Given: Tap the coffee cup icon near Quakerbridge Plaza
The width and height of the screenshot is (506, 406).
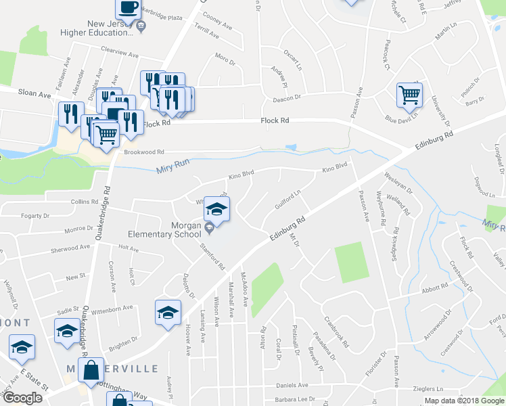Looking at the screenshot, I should coord(127,8).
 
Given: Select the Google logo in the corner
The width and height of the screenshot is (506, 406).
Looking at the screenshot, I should coord(23,398).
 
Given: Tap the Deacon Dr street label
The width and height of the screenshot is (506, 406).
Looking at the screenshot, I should coord(286,97).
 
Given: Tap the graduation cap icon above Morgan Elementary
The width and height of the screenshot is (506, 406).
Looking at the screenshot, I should coord(217,208).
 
